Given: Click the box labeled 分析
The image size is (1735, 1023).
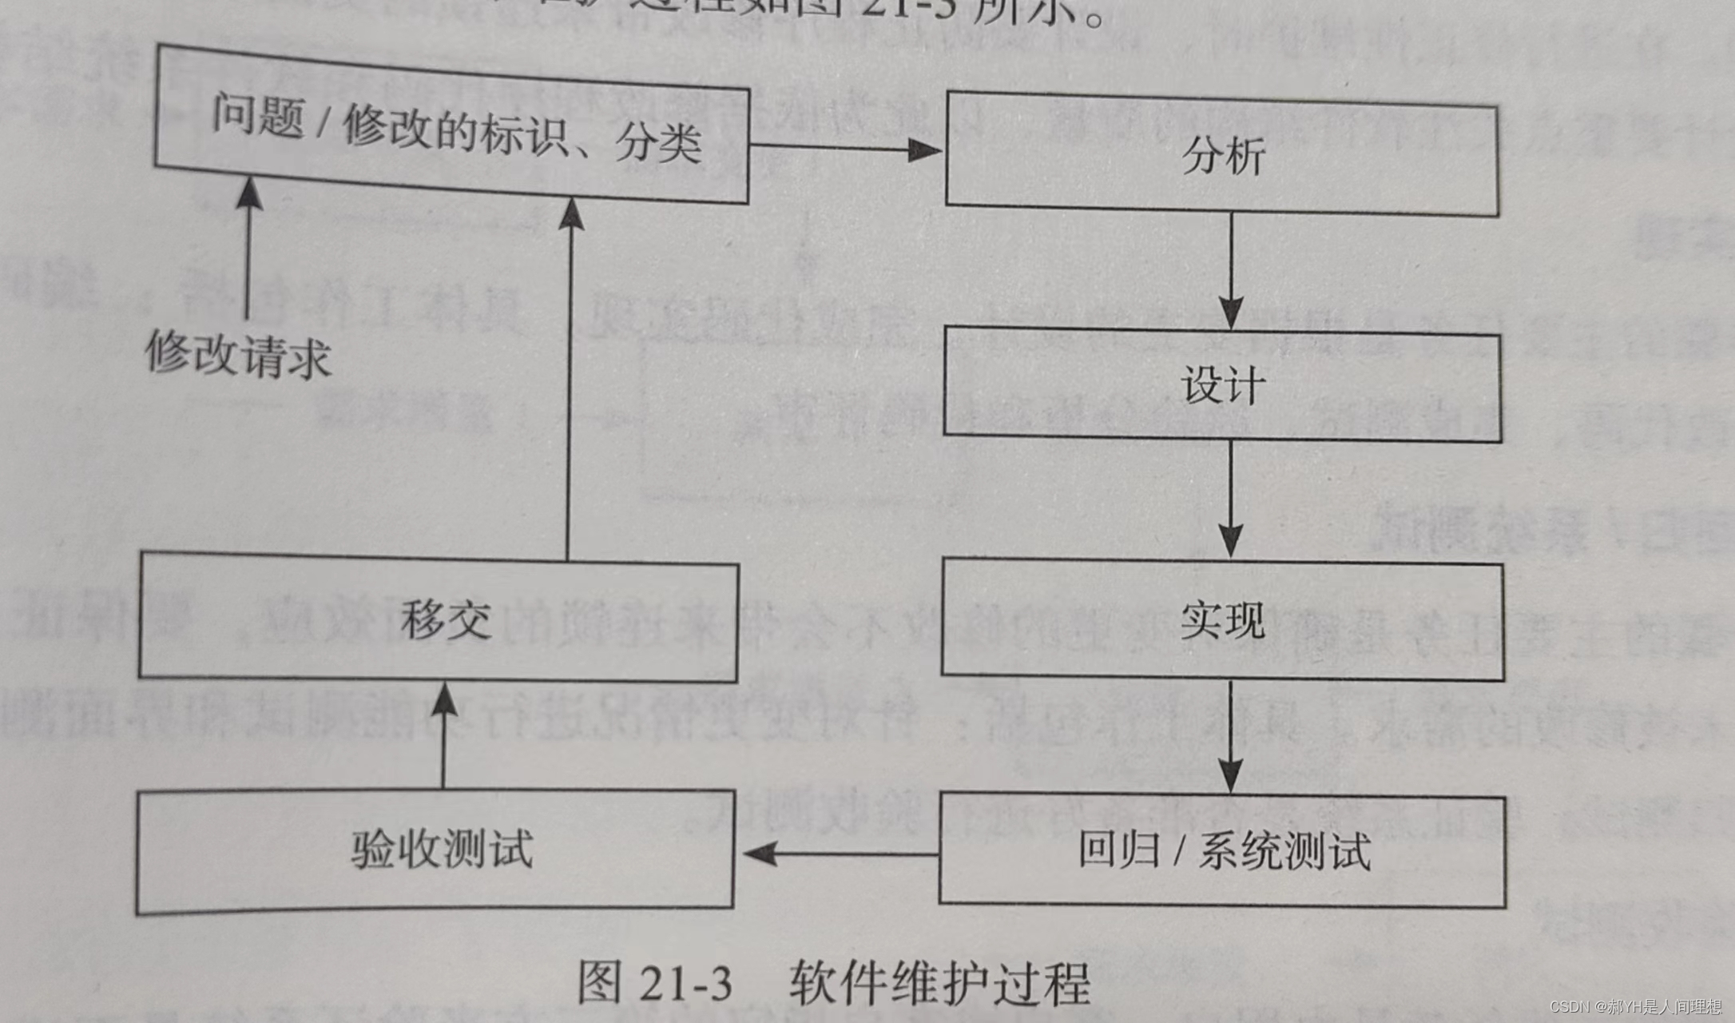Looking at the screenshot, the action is point(1222,155).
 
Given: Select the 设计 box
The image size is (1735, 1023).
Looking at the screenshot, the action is point(1222,385).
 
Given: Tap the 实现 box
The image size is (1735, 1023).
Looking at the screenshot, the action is point(1222,620).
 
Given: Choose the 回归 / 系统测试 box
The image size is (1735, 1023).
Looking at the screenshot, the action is point(1222,850).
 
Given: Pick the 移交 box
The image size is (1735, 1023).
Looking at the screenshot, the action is point(438,620).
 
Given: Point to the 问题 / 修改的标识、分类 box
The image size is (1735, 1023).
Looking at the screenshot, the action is point(452,128).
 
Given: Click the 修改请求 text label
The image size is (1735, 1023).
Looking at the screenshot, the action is point(238,354).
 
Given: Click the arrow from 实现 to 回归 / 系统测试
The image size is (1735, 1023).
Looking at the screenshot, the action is point(1230,735).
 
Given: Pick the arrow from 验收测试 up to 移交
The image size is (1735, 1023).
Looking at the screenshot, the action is point(444,735).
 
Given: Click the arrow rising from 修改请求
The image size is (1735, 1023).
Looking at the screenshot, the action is point(248,248).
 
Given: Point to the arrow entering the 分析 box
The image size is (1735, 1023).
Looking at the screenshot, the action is point(847,149).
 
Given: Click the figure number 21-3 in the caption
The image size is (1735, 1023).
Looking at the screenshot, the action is point(685,983).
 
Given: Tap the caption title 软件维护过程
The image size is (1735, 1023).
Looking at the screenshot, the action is point(939,983).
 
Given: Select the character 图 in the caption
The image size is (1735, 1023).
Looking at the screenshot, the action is point(599,983).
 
